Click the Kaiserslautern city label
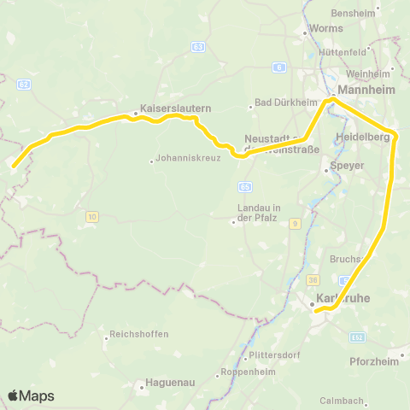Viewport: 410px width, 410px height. [x=175, y=109]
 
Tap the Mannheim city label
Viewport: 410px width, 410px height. [x=365, y=89]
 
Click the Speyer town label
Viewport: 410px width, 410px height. [x=347, y=166]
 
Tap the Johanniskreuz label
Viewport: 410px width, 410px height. [x=189, y=158]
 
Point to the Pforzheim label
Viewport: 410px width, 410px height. [x=374, y=361]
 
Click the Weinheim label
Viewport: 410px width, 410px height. [x=368, y=74]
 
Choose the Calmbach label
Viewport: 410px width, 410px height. [x=342, y=400]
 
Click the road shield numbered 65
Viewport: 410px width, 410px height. [x=245, y=185]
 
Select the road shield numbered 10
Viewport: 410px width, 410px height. [x=91, y=217]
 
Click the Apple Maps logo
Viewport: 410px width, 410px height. [x=31, y=395]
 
